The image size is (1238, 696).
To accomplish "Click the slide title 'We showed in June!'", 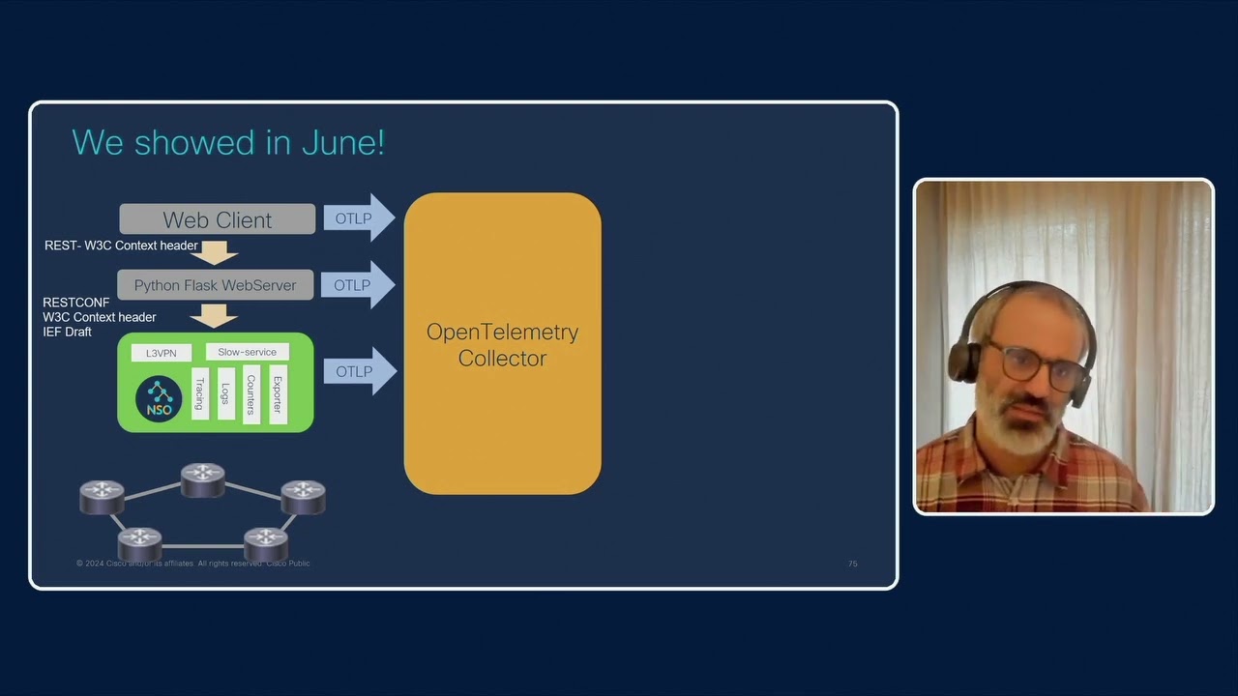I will [228, 142].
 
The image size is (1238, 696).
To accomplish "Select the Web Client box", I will [217, 219].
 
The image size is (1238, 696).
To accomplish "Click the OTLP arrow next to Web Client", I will [357, 218].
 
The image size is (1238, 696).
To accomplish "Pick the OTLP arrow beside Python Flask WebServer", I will [357, 285].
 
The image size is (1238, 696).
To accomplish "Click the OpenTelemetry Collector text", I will [502, 345].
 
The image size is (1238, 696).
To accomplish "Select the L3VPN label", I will [161, 353].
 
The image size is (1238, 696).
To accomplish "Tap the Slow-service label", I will [247, 352].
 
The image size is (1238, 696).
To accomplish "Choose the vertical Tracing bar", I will [200, 393].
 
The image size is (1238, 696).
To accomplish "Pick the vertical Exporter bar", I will [278, 393].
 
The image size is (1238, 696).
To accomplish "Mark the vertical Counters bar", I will [251, 393].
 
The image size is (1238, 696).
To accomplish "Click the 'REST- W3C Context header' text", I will [121, 246].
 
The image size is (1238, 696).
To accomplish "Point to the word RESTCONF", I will [76, 303].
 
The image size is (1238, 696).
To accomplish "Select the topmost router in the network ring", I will [203, 478].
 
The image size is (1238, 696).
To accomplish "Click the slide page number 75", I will [852, 564].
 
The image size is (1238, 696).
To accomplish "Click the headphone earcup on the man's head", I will [965, 359].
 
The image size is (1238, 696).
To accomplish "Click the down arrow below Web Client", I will [215, 252].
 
